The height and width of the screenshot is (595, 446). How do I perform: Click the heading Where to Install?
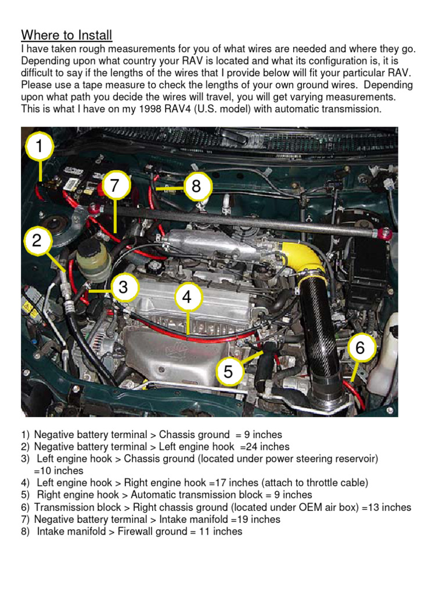coord(67,35)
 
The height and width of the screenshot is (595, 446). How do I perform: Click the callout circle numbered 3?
coord(123,287)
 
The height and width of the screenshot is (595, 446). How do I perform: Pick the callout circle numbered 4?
coord(187,297)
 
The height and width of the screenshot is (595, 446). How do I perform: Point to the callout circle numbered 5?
coord(228,372)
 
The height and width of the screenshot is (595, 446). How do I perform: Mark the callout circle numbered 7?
coord(114,187)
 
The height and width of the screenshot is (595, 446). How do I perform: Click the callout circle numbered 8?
coord(196,187)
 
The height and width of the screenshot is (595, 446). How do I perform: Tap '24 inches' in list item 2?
coord(267,447)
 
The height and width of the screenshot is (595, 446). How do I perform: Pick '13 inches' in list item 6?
coord(388,507)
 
